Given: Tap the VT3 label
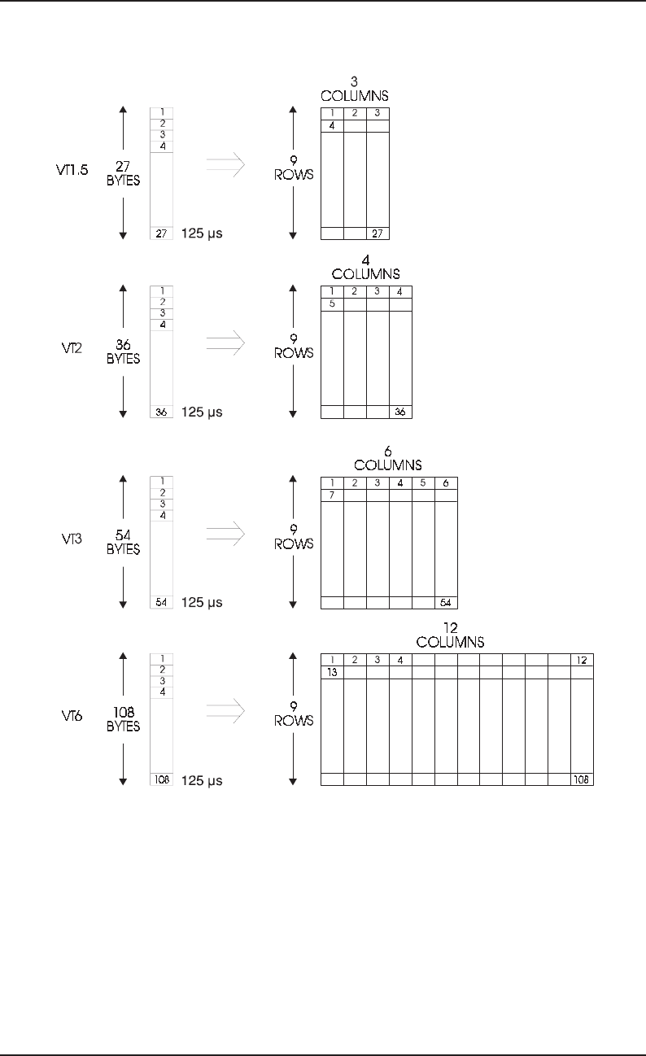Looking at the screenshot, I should (59, 538).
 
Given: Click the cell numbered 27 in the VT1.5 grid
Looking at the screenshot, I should (378, 233).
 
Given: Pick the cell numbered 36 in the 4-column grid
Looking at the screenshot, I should (400, 412).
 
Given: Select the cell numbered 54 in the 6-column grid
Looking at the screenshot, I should (446, 603).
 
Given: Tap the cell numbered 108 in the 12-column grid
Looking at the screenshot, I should (582, 779).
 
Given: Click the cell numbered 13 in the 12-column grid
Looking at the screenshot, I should (333, 673).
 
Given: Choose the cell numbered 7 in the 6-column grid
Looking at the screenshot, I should (333, 495).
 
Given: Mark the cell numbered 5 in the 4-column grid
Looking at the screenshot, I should (333, 304).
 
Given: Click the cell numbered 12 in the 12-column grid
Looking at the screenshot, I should (582, 659).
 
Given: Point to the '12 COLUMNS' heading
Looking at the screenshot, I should (450, 635).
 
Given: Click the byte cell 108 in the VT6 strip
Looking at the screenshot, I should (162, 779).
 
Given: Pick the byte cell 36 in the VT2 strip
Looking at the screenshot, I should (162, 412).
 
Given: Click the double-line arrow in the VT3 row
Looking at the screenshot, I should (225, 533).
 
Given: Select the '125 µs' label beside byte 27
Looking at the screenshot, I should (201, 234).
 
